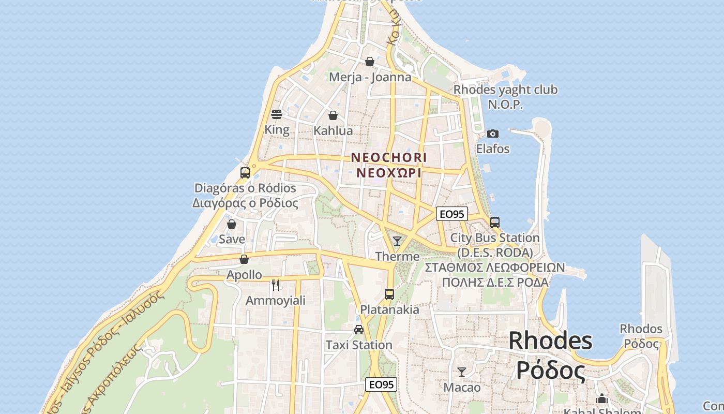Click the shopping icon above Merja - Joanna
370,62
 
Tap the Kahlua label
333,131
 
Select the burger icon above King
277,114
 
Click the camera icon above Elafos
493,134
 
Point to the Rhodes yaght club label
505,90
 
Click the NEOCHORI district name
389,157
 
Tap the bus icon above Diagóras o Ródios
245,172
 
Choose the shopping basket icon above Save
232,224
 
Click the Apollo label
244,275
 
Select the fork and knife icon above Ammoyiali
276,285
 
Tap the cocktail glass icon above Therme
397,241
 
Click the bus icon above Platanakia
389,294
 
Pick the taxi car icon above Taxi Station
359,329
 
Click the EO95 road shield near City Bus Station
452,214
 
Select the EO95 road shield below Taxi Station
381,385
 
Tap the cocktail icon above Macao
462,372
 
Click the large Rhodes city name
550,341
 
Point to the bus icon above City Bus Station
495,223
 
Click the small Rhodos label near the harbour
641,329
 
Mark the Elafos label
493,149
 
